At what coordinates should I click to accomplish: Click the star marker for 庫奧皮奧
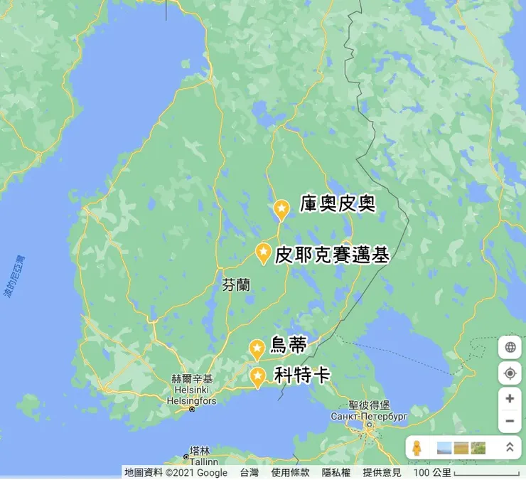click(x=281, y=209)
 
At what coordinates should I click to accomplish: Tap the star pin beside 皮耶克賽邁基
click(x=263, y=252)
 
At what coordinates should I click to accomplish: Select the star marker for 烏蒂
click(x=257, y=348)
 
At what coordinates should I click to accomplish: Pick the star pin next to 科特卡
click(x=257, y=375)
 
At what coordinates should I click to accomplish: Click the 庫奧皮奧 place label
click(x=337, y=204)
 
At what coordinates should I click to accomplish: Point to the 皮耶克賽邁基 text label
click(x=332, y=255)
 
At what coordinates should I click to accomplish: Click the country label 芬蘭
click(x=236, y=285)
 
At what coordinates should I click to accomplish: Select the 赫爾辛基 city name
click(x=193, y=380)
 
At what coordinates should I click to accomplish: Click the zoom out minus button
click(x=510, y=421)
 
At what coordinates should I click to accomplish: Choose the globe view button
click(x=510, y=348)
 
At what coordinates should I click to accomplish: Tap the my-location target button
click(x=510, y=373)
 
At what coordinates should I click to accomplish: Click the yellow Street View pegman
click(x=417, y=448)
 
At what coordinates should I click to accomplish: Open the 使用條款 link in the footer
click(x=290, y=473)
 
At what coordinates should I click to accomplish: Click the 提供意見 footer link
click(x=382, y=473)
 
